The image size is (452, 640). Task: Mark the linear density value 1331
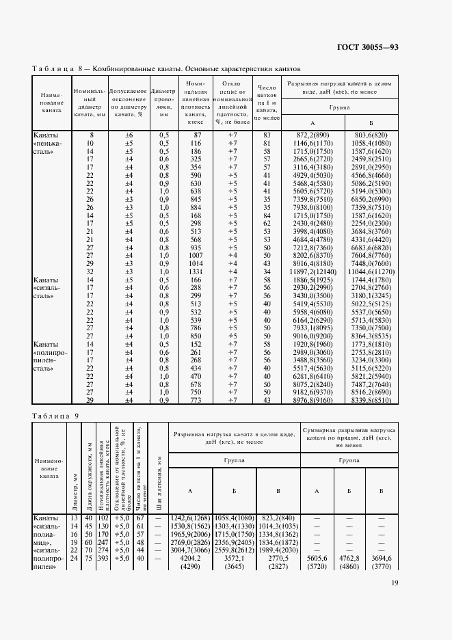[196, 271]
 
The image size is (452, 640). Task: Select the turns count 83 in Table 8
[267, 135]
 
